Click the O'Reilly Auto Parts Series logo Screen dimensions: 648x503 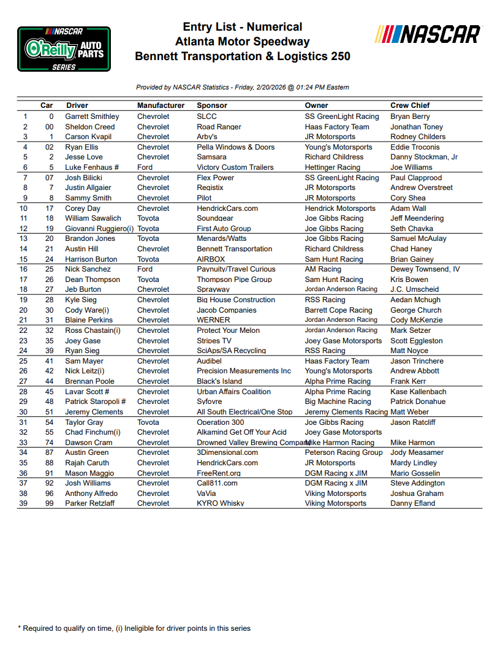(x=64, y=49)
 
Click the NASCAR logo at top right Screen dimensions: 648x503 (x=428, y=34)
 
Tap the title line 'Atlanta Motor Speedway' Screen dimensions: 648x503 (x=242, y=42)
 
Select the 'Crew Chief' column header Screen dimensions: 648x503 (x=410, y=105)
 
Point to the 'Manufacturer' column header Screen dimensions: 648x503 (x=161, y=105)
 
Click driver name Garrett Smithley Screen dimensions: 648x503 (x=92, y=116)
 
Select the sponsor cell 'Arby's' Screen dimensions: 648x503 (x=207, y=137)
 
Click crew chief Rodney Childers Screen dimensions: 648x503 (x=418, y=137)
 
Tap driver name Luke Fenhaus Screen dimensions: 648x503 (x=90, y=167)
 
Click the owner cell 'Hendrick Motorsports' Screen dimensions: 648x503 (x=340, y=208)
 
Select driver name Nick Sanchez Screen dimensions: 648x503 (x=88, y=269)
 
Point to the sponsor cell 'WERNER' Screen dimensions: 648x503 (x=213, y=320)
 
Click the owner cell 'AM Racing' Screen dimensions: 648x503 (x=323, y=269)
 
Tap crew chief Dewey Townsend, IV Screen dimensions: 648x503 (x=425, y=269)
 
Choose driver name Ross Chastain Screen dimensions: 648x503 (x=93, y=330)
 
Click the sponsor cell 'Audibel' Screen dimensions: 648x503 (x=210, y=361)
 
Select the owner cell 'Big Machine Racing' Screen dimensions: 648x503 (x=338, y=402)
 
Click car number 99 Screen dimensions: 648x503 (x=50, y=503)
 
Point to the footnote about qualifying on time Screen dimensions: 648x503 (x=134, y=628)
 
